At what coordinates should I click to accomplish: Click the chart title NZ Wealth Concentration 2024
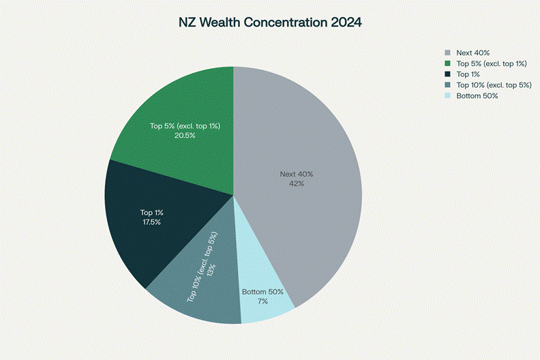click(270, 22)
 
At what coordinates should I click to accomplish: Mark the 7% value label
click(262, 301)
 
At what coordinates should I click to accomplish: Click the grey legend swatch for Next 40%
click(447, 52)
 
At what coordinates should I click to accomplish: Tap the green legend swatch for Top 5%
click(447, 63)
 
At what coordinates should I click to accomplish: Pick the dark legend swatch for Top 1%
click(447, 74)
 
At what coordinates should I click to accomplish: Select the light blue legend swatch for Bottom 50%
click(447, 96)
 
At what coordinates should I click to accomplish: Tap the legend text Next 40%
click(473, 52)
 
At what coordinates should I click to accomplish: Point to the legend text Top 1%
click(468, 74)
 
